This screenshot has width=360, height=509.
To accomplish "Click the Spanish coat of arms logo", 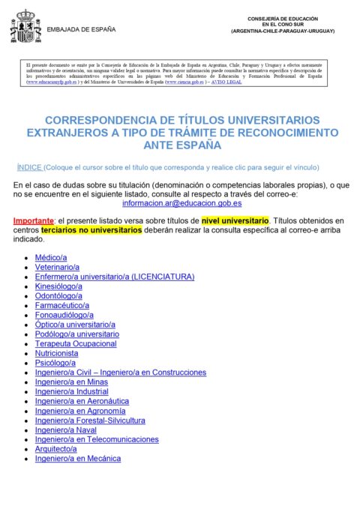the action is click(25, 28).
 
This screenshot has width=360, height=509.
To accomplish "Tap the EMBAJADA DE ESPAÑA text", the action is click(81, 30).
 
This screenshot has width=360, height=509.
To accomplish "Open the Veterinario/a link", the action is click(57, 267).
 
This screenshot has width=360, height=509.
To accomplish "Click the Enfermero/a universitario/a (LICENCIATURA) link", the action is click(115, 277).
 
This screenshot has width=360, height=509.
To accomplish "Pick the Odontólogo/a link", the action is click(59, 296).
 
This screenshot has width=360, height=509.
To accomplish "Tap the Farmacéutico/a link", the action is click(62, 306).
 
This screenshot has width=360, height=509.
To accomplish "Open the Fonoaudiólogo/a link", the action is click(64, 316).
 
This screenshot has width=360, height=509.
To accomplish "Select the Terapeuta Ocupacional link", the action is click(76, 343).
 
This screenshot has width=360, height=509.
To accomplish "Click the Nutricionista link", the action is click(56, 353).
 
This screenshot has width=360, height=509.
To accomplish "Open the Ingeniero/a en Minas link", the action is click(71, 382).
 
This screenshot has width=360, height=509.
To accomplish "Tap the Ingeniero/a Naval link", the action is click(65, 430).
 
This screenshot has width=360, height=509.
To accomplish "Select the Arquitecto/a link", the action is click(61, 448).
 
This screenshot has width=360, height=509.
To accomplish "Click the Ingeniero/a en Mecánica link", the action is click(77, 458).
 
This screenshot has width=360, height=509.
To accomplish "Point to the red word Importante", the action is click(34, 221).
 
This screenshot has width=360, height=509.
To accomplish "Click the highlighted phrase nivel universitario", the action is click(235, 221).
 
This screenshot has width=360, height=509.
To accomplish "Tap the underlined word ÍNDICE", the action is click(28, 167).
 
